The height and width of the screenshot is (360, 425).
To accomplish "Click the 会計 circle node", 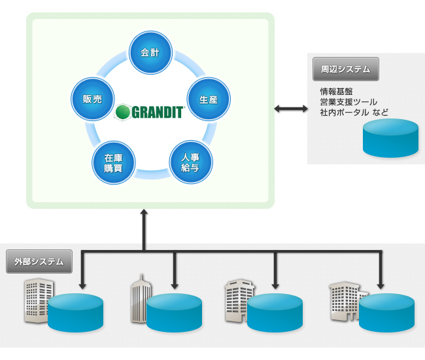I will click(151, 53).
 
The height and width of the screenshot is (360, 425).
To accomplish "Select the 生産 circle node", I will click(209, 99).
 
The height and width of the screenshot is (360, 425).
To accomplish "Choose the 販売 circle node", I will click(92, 99).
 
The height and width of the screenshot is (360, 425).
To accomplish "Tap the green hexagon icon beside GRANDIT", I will click(122, 112).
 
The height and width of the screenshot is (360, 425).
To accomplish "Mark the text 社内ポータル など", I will click(354, 113).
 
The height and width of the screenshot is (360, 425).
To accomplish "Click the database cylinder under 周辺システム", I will click(390, 138).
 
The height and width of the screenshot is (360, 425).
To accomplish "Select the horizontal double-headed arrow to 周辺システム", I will click(291, 108).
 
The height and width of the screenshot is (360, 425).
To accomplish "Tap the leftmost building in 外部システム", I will click(38, 300).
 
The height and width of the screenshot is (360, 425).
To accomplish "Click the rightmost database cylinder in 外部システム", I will click(386, 312).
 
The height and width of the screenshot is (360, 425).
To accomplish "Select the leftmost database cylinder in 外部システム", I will click(75, 312).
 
